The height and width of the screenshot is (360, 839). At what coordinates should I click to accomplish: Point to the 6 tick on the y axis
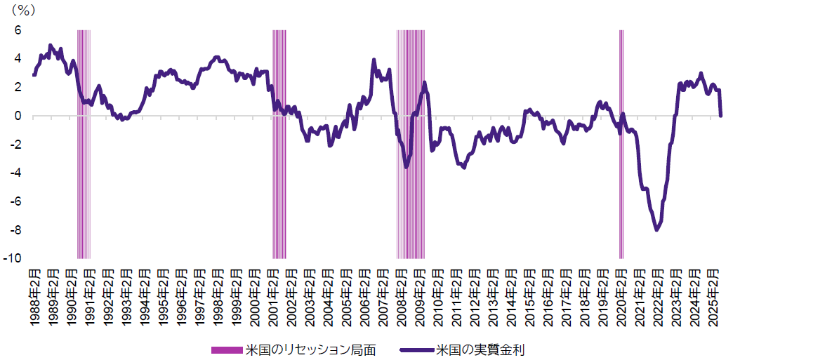pos(18,30)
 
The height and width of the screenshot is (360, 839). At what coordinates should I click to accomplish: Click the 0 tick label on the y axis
pos(18,116)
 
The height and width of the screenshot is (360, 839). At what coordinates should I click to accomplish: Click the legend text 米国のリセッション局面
pos(310,349)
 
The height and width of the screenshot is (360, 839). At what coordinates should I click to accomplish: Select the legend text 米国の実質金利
pos(480,349)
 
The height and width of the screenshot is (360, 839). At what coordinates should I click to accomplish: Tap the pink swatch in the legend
pos(226,349)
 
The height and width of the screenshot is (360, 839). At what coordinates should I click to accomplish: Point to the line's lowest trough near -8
pos(656,229)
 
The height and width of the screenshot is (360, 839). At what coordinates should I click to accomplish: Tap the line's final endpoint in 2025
pos(720,116)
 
